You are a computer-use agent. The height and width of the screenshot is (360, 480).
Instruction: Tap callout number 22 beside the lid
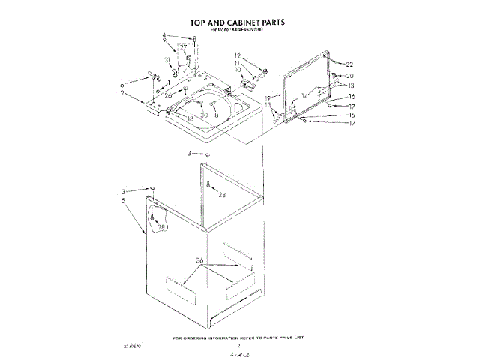point(349,65)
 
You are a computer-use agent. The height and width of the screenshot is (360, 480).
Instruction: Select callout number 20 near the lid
point(349,76)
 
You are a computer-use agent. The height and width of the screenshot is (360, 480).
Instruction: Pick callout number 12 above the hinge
point(237,56)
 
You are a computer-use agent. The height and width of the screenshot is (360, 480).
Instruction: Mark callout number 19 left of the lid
point(267,98)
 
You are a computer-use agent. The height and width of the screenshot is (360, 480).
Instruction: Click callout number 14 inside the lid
point(304,95)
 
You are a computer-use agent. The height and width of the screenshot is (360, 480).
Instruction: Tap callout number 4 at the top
point(163,36)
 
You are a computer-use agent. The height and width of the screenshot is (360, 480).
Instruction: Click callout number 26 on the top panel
point(169,95)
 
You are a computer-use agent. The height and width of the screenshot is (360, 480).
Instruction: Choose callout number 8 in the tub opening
point(216,115)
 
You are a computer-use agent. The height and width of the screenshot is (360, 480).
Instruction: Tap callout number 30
point(204,115)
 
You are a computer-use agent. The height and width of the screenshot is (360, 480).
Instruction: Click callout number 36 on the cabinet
point(200,260)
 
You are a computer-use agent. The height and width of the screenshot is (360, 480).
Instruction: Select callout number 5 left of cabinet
point(123,200)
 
